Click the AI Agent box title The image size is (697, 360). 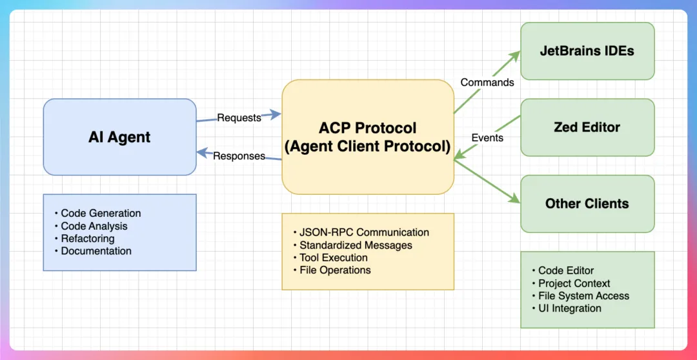point(119,137)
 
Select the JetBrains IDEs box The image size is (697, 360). point(587,51)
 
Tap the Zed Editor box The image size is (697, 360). point(587,128)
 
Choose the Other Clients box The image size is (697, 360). point(587,204)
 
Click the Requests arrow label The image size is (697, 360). point(239,118)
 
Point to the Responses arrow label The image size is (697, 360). point(239,156)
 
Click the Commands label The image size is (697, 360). point(487,82)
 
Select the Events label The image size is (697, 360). point(487,138)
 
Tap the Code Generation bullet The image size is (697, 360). point(97,213)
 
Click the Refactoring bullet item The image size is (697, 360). point(85,238)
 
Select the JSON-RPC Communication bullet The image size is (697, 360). point(361,232)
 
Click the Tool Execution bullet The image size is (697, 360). point(330,257)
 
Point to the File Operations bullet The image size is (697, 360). point(332,270)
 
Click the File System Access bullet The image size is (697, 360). point(580,295)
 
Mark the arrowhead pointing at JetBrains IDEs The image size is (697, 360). point(516,55)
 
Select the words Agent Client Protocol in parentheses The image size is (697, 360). point(368,146)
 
